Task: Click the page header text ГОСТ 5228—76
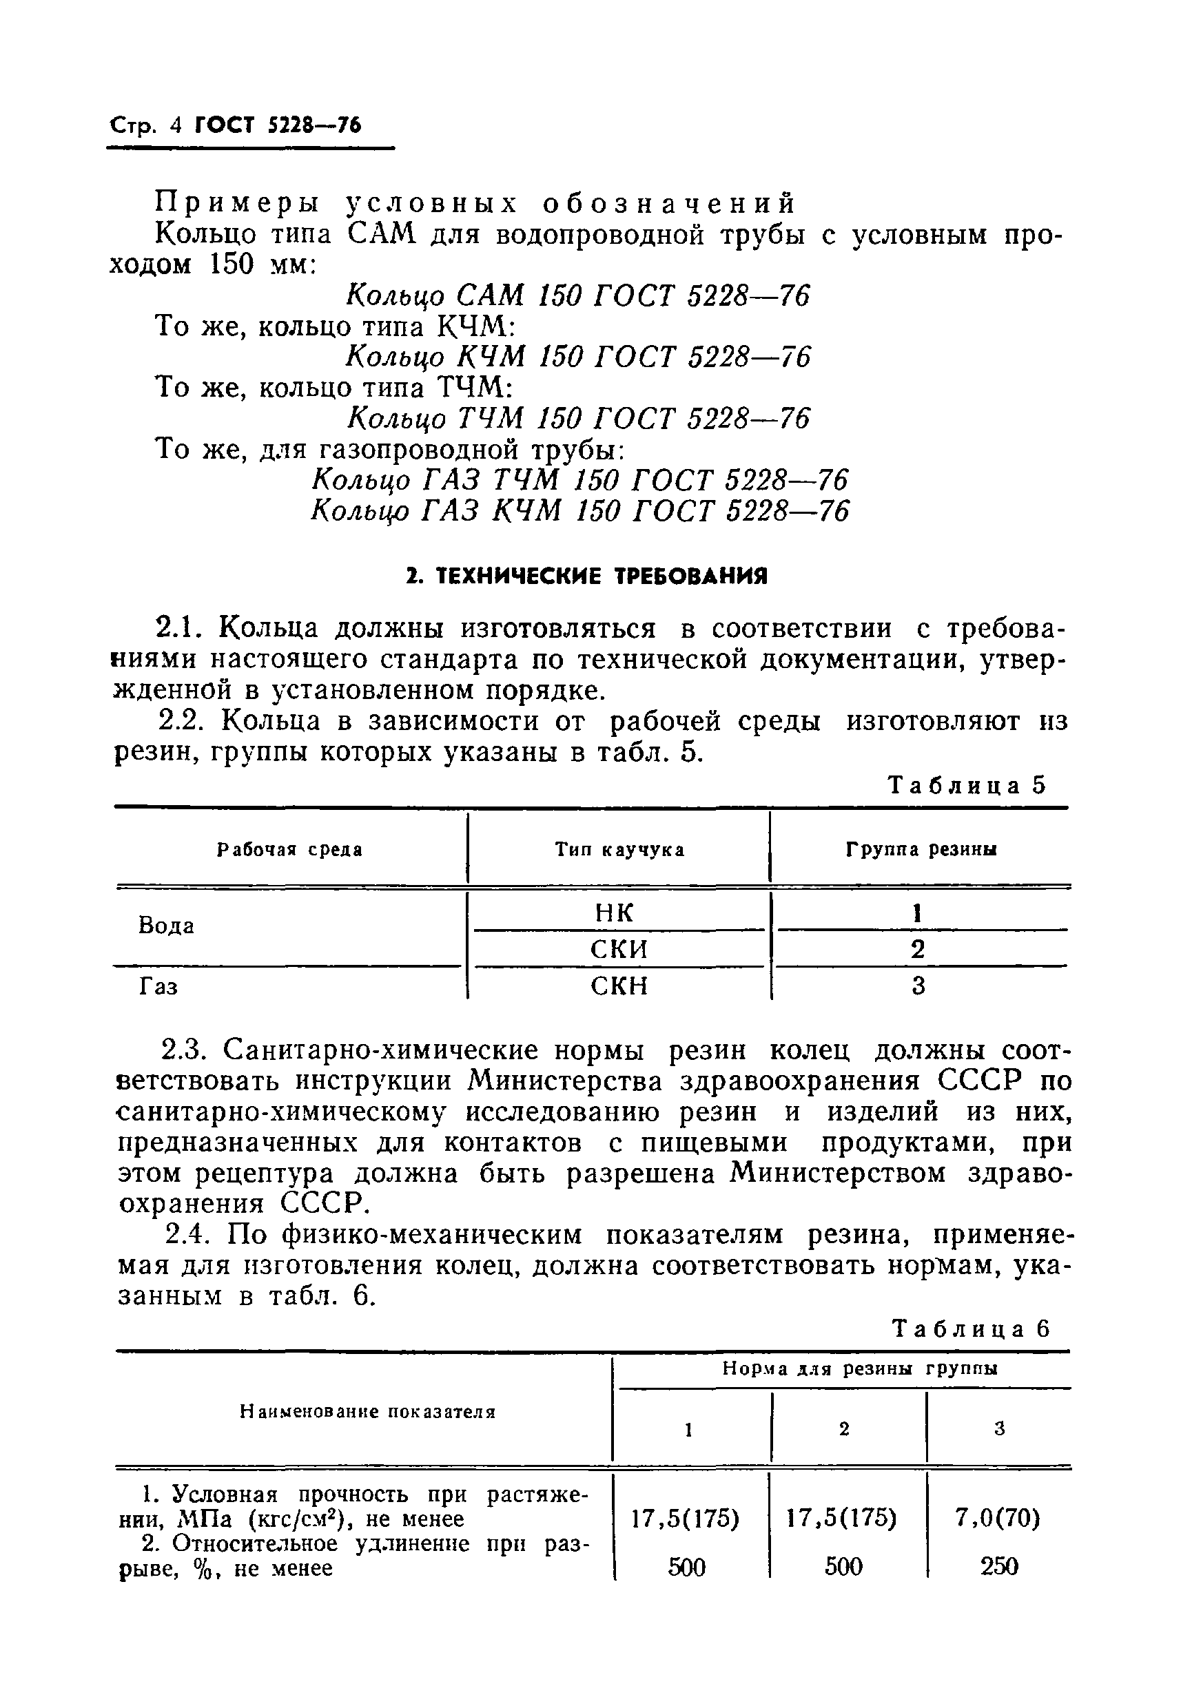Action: (278, 125)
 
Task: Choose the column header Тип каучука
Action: (620, 850)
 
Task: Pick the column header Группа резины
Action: (921, 850)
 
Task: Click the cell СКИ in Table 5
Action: (619, 949)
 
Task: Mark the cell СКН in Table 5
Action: (619, 986)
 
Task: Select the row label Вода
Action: (167, 926)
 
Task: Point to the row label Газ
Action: (158, 987)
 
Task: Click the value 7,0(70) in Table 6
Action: (998, 1519)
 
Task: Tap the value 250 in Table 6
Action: (999, 1567)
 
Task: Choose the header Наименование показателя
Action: (368, 1412)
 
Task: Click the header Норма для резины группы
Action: (860, 1369)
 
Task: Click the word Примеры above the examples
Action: (237, 202)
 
